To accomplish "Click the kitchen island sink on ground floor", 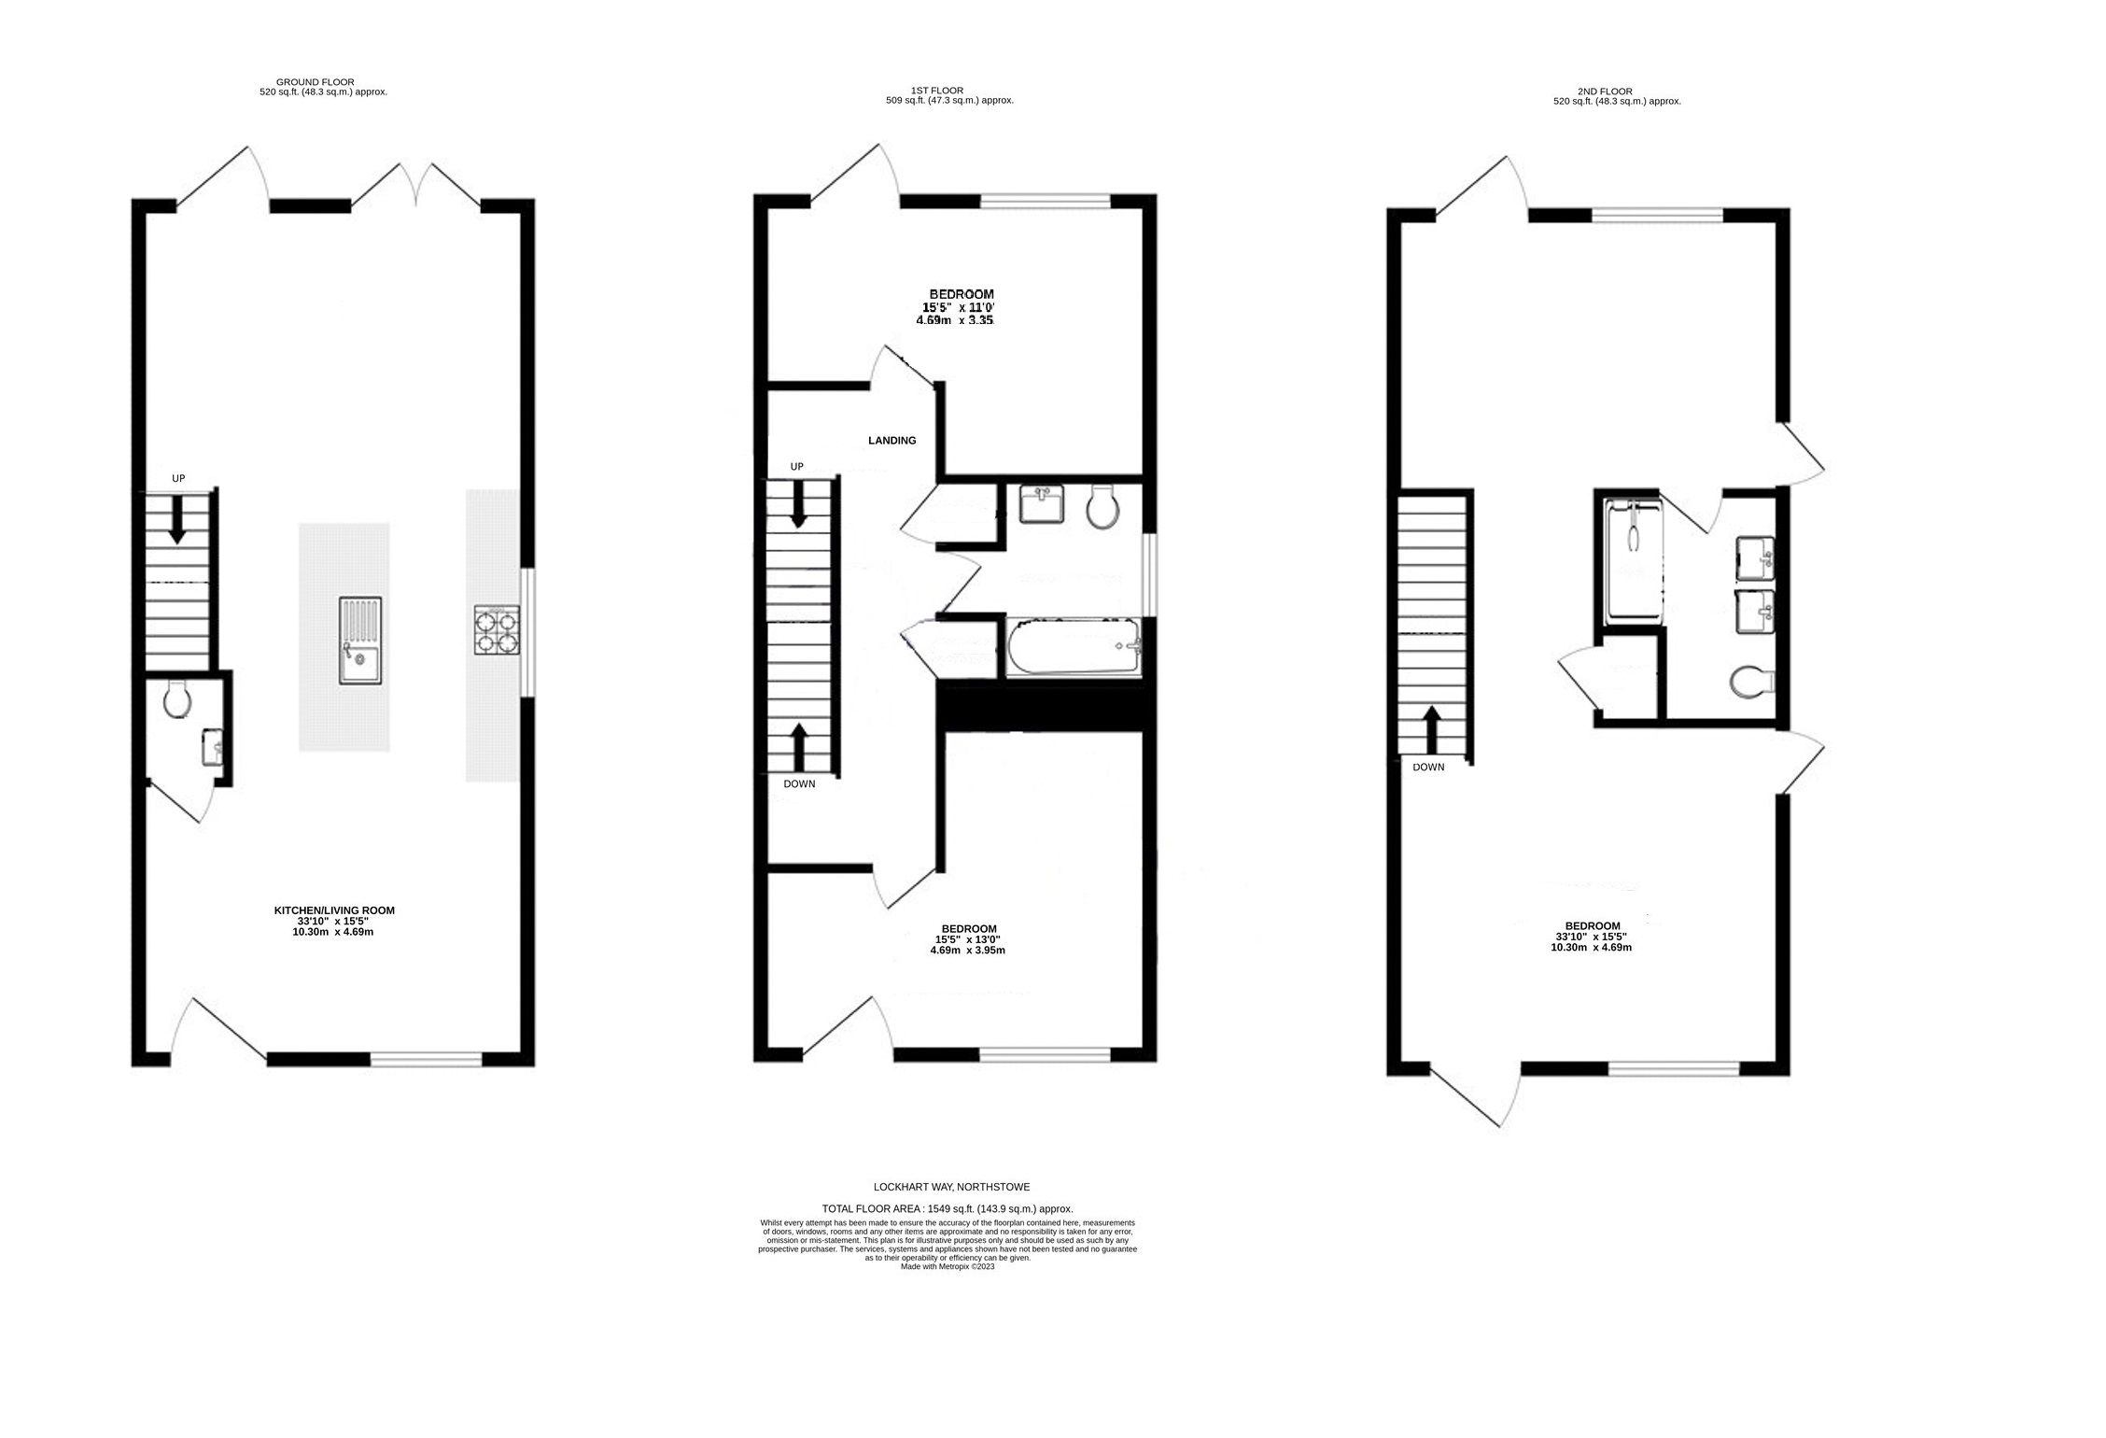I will pyautogui.click(x=360, y=641).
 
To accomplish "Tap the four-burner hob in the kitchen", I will pyautogui.click(x=497, y=629).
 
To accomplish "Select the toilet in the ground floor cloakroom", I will pyautogui.click(x=176, y=698).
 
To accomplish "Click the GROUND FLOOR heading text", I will pyautogui.click(x=315, y=82).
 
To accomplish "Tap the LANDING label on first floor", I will pyautogui.click(x=892, y=441).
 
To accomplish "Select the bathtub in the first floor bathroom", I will pyautogui.click(x=1074, y=646).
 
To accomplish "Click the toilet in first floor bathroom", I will pyautogui.click(x=1102, y=508).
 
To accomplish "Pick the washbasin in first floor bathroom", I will pyautogui.click(x=1042, y=504).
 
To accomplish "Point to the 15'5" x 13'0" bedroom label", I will pyautogui.click(x=967, y=939).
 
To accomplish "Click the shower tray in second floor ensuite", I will pyautogui.click(x=1633, y=560).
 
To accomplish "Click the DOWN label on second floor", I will pyautogui.click(x=1428, y=768).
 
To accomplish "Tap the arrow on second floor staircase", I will pyautogui.click(x=1430, y=728).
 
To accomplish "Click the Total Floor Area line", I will pyautogui.click(x=947, y=1208).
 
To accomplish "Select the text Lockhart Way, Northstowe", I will pyautogui.click(x=951, y=1187).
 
